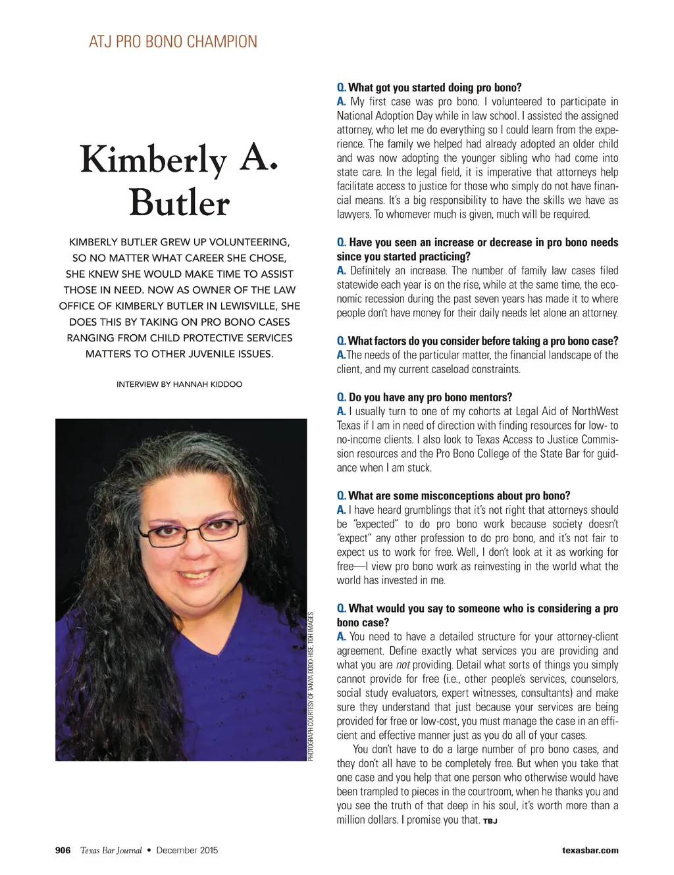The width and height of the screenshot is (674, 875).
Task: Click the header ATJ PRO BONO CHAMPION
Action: (173, 42)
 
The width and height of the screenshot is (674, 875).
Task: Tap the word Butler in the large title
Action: (179, 203)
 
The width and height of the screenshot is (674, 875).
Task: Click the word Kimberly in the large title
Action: (153, 160)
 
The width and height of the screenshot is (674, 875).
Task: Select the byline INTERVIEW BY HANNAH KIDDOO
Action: (179, 384)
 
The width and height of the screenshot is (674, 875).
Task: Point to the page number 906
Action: (63, 850)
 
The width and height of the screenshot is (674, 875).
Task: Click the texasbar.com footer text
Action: (590, 850)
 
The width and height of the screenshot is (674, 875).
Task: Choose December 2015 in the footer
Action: (187, 850)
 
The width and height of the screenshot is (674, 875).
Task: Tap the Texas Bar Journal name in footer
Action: (111, 850)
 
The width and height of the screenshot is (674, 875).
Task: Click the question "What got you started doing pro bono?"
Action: (434, 87)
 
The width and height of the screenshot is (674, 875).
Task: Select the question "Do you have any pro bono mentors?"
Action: (430, 397)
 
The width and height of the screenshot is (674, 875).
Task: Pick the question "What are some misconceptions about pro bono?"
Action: (459, 496)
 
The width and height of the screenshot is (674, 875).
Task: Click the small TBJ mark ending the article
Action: (490, 821)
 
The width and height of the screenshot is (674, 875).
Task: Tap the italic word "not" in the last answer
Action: (403, 665)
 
